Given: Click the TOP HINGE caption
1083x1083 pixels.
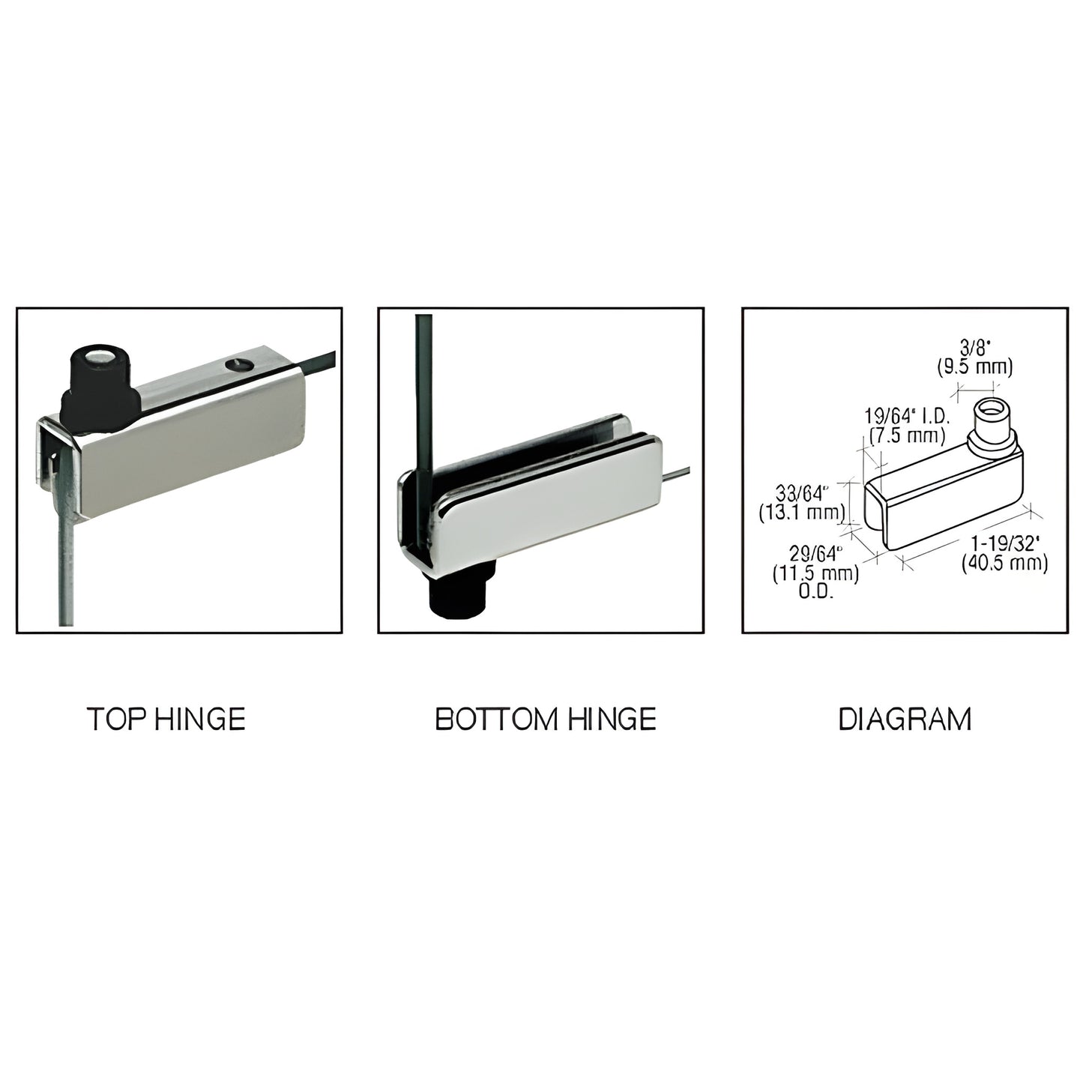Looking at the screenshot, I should pos(166,720).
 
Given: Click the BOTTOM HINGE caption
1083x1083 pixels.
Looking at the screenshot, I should pos(545,720).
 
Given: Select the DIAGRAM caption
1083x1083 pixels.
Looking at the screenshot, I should pos(905,720).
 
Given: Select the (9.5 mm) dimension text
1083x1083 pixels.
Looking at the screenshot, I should pos(975,367).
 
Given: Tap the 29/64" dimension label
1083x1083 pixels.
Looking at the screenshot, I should pos(817,555).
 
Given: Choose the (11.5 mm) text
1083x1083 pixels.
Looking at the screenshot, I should pos(817,573).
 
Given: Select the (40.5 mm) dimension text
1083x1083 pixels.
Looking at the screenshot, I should pos(1004,564).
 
